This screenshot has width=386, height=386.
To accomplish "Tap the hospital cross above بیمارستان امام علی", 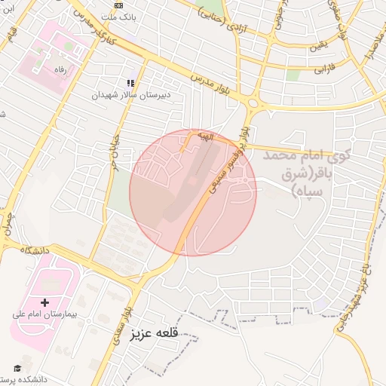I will tap(44, 302).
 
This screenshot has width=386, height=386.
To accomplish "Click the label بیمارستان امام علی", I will tap(44, 313).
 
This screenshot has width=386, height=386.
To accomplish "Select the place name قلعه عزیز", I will tap(155, 332).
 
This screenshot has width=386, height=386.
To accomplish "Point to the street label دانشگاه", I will tap(35, 250).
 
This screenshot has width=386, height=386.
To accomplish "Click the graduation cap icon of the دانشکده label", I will tap(17, 369).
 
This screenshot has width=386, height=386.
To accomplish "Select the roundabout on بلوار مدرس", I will tap(253, 103).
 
